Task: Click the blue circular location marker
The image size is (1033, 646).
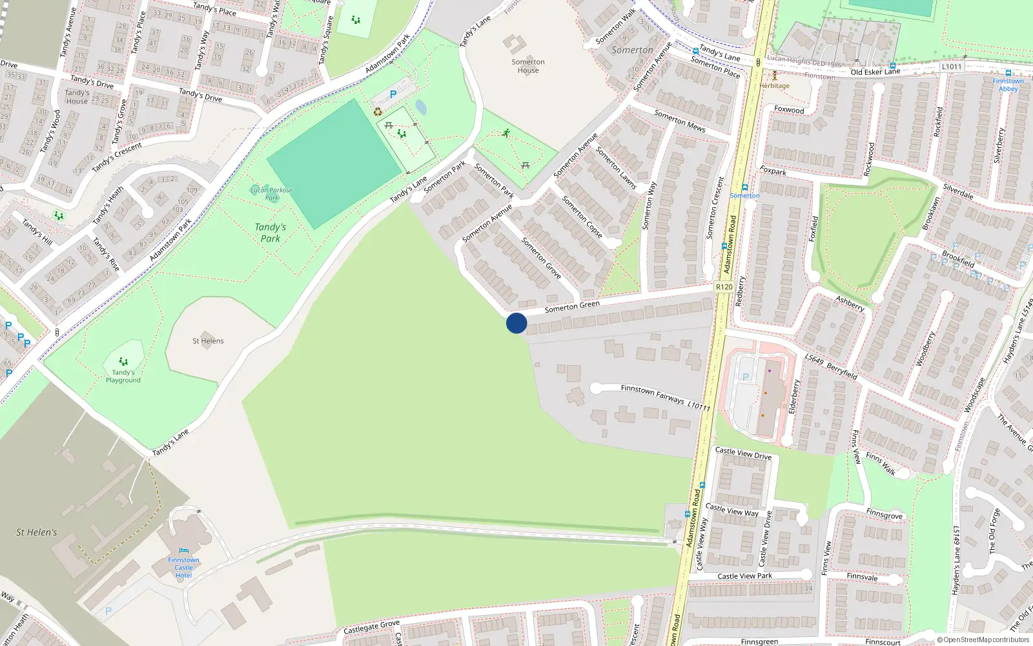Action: coord(516,323)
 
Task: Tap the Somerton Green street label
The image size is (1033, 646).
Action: coord(572,307)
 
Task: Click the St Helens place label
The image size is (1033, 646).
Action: coord(208,341)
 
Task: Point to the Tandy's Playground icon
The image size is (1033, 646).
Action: coord(123,362)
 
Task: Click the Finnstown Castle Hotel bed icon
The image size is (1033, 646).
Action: coord(183,551)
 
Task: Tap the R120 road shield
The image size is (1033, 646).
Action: coord(724,287)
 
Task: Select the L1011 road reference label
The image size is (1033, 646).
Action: coord(951,67)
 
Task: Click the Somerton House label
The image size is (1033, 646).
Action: coord(528,66)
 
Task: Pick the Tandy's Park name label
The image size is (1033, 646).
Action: coord(271,233)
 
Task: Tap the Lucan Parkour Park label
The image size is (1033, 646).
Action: coord(271,193)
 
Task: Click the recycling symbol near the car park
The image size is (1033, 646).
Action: coord(378,112)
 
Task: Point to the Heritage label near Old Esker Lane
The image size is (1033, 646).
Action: coord(774,85)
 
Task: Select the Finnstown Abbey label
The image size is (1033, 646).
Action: coord(1008,85)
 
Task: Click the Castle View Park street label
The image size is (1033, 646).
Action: coord(744,576)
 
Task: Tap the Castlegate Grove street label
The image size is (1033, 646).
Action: coord(371,627)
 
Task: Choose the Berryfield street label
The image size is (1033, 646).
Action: coord(842,371)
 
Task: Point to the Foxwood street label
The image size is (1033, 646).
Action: coord(789,110)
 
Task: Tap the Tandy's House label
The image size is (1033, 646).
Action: coord(77,97)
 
